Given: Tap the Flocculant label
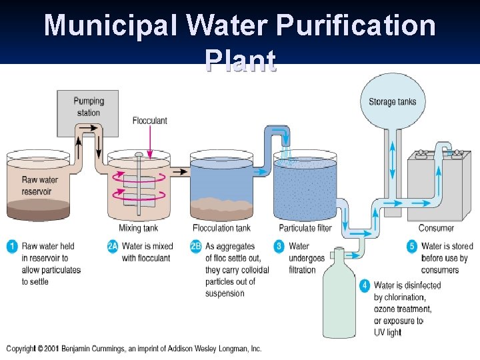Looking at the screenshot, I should point(150,121).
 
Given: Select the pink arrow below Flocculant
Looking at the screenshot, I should point(150,140).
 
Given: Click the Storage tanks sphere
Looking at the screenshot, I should point(392,101).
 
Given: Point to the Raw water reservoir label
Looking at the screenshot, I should point(39,185).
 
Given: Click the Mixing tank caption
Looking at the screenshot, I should point(139,229).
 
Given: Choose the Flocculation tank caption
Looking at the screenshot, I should point(222,229).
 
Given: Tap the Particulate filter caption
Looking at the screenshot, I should point(305,229).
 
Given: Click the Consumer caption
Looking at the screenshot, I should point(436,229).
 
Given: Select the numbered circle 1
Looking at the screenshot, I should point(12,247).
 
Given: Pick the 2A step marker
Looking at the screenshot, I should point(113,247).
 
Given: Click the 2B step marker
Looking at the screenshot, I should point(196,247).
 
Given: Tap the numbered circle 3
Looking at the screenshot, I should point(279,247).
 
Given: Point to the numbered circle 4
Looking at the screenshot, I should point(365,285).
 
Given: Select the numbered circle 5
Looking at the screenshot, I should point(412,247).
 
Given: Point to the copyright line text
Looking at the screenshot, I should point(133,349).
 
